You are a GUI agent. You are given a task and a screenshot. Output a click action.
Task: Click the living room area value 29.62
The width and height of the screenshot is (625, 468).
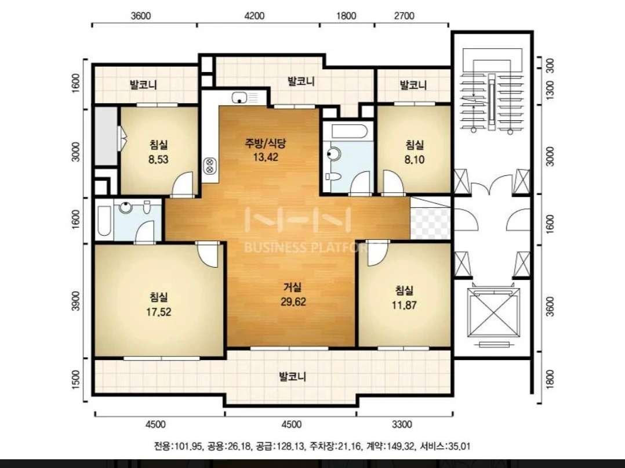click(x=293, y=302)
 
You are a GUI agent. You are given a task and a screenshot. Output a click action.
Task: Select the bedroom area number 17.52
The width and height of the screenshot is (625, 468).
click(x=158, y=312)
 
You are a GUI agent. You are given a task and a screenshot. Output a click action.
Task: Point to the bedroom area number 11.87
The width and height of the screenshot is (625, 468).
click(x=404, y=305)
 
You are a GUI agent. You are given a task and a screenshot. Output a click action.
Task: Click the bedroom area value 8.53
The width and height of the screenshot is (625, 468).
click(x=158, y=160)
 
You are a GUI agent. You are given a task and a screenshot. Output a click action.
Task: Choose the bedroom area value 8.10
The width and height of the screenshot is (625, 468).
click(x=414, y=160)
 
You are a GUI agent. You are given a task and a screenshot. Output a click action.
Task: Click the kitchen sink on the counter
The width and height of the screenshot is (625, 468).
click(x=239, y=97)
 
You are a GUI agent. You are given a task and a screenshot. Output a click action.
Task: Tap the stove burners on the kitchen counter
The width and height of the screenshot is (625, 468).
click(x=209, y=165)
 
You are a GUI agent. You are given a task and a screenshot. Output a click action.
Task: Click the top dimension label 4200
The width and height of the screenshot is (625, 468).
click(x=254, y=16)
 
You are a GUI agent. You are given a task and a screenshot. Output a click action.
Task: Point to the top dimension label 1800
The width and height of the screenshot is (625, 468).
click(x=346, y=16)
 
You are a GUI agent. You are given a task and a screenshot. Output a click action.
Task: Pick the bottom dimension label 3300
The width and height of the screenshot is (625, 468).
click(x=402, y=424)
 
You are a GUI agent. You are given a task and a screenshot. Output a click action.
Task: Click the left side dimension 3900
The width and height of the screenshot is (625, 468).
click(x=76, y=301)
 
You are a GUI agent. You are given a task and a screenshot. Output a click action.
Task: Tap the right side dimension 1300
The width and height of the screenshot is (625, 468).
click(x=550, y=91)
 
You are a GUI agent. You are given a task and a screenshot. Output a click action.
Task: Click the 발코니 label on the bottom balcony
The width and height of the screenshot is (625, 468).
click(x=292, y=376)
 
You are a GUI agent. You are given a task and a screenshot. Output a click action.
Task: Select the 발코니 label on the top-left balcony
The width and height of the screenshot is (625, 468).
click(x=143, y=85)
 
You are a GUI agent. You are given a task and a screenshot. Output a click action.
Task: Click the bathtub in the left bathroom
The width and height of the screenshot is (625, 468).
click(x=104, y=220)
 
